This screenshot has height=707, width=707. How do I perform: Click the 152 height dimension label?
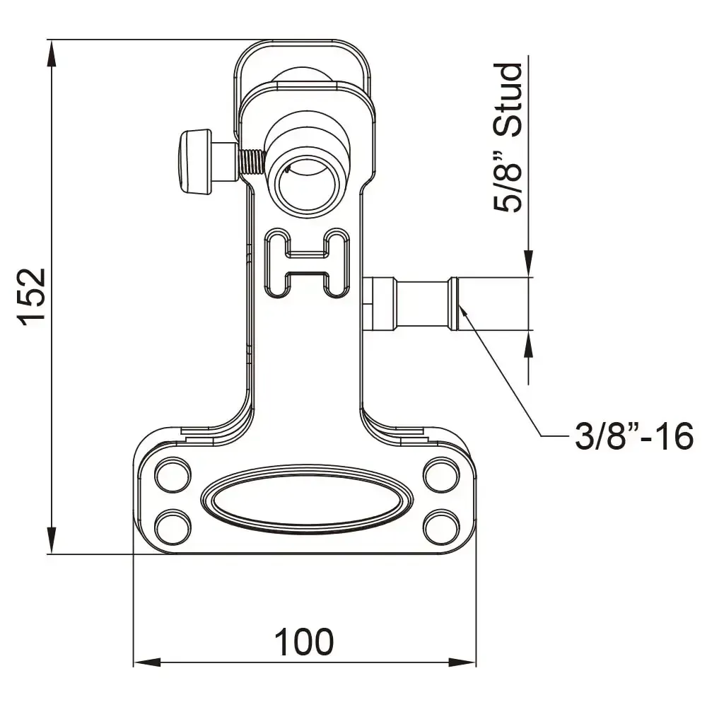pos(33,296)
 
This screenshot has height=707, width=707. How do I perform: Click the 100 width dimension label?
pos(303,642)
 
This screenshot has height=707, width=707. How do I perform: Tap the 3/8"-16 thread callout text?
pos(633,437)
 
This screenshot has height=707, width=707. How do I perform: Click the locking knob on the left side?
pos(196,161)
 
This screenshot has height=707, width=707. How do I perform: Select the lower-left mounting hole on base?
pos(172,526)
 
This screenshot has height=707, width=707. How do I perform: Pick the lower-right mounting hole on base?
pos(442,526)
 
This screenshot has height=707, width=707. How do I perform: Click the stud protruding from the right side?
pos(417,304)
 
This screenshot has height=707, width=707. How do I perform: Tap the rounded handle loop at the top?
pos(303,57)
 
